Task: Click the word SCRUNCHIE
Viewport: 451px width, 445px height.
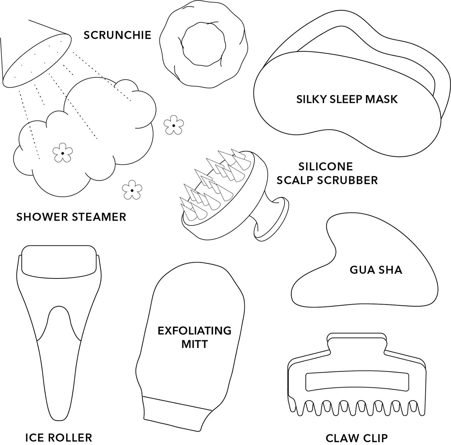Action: click(x=117, y=35)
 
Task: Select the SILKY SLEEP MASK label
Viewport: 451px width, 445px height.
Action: click(x=347, y=99)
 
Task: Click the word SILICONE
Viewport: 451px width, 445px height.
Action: click(x=326, y=167)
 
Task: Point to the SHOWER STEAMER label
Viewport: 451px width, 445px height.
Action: click(x=71, y=217)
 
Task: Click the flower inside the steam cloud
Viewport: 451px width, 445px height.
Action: click(x=62, y=153)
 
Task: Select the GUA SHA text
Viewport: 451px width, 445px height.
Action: click(x=376, y=270)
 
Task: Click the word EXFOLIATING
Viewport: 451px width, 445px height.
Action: click(x=194, y=331)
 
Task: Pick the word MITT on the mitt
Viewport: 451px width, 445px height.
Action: click(x=195, y=344)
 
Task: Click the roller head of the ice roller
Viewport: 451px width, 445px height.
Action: click(x=58, y=262)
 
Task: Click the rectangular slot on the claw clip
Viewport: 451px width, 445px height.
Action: click(x=357, y=382)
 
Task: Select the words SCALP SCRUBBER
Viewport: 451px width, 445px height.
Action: click(x=327, y=180)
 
